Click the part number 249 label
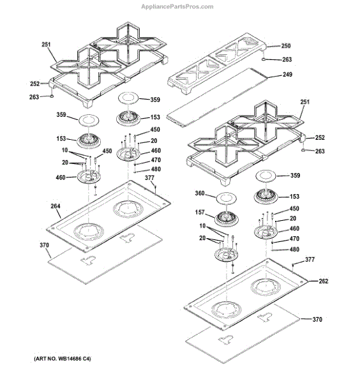287,74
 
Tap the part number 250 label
286,46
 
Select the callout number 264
56,206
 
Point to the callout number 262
324,281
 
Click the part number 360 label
200,193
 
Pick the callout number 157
200,213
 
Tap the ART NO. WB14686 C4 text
63,359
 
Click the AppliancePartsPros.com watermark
177,6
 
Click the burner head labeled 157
227,218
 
